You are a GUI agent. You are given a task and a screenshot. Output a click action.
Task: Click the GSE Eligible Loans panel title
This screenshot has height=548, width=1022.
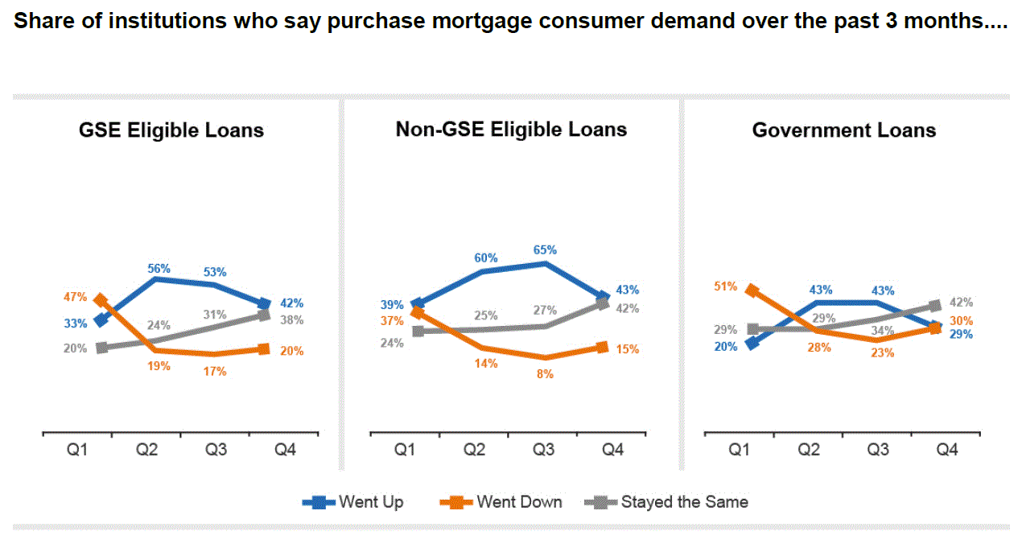point(171,130)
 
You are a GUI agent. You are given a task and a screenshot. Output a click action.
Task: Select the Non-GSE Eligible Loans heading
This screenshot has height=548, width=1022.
point(511,130)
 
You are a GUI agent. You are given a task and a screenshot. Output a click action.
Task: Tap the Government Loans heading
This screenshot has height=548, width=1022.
point(844,130)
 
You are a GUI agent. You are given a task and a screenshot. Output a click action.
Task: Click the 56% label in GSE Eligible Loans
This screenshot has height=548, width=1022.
point(159,269)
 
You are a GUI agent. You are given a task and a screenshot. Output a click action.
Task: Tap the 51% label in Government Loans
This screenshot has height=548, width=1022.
point(725,286)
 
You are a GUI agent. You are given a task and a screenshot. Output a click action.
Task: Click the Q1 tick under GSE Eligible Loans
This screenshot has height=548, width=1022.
point(76,451)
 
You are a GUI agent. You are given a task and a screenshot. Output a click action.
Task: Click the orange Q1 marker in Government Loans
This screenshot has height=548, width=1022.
point(751,290)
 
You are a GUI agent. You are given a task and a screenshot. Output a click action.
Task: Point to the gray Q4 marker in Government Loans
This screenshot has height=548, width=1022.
point(935,306)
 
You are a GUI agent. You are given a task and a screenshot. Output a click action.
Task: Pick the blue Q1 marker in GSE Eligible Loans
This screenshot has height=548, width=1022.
point(101,320)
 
